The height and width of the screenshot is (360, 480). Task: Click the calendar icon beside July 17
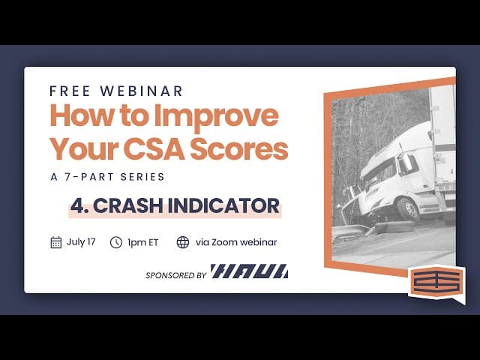tap(55, 242)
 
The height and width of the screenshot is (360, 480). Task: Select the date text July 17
tap(81, 242)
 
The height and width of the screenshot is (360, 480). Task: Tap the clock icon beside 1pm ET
tap(116, 242)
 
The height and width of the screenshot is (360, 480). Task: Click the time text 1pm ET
tap(142, 242)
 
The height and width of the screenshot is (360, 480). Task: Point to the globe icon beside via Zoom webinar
tap(183, 242)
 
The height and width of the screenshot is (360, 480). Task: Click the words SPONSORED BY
tap(176, 275)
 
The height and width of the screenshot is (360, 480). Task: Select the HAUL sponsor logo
tap(249, 271)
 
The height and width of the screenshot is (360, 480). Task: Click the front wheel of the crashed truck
tap(407, 208)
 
